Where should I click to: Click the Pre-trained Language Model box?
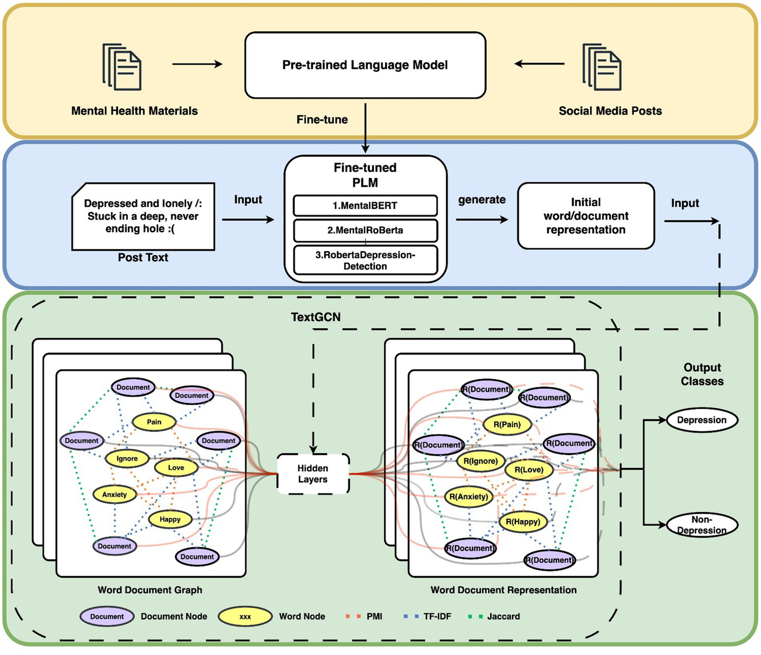(365, 65)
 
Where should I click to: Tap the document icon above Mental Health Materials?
(122, 67)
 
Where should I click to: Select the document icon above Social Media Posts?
(602, 67)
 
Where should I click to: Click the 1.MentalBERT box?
(365, 206)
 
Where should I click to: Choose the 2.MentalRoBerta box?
(365, 231)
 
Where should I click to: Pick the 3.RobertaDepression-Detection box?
(365, 260)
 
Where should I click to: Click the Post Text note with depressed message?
(143, 217)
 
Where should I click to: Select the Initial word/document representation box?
(585, 216)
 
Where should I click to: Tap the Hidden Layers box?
(313, 474)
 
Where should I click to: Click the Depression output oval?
(702, 420)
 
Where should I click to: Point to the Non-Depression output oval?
(702, 525)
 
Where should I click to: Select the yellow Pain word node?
(154, 422)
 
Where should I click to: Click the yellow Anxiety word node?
(115, 495)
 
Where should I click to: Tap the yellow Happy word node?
(170, 520)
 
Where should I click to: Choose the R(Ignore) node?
(480, 462)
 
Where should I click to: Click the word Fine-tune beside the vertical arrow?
(322, 120)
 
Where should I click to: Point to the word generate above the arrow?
(481, 200)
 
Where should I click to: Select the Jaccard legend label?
(503, 617)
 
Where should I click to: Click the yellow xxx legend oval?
(245, 617)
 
